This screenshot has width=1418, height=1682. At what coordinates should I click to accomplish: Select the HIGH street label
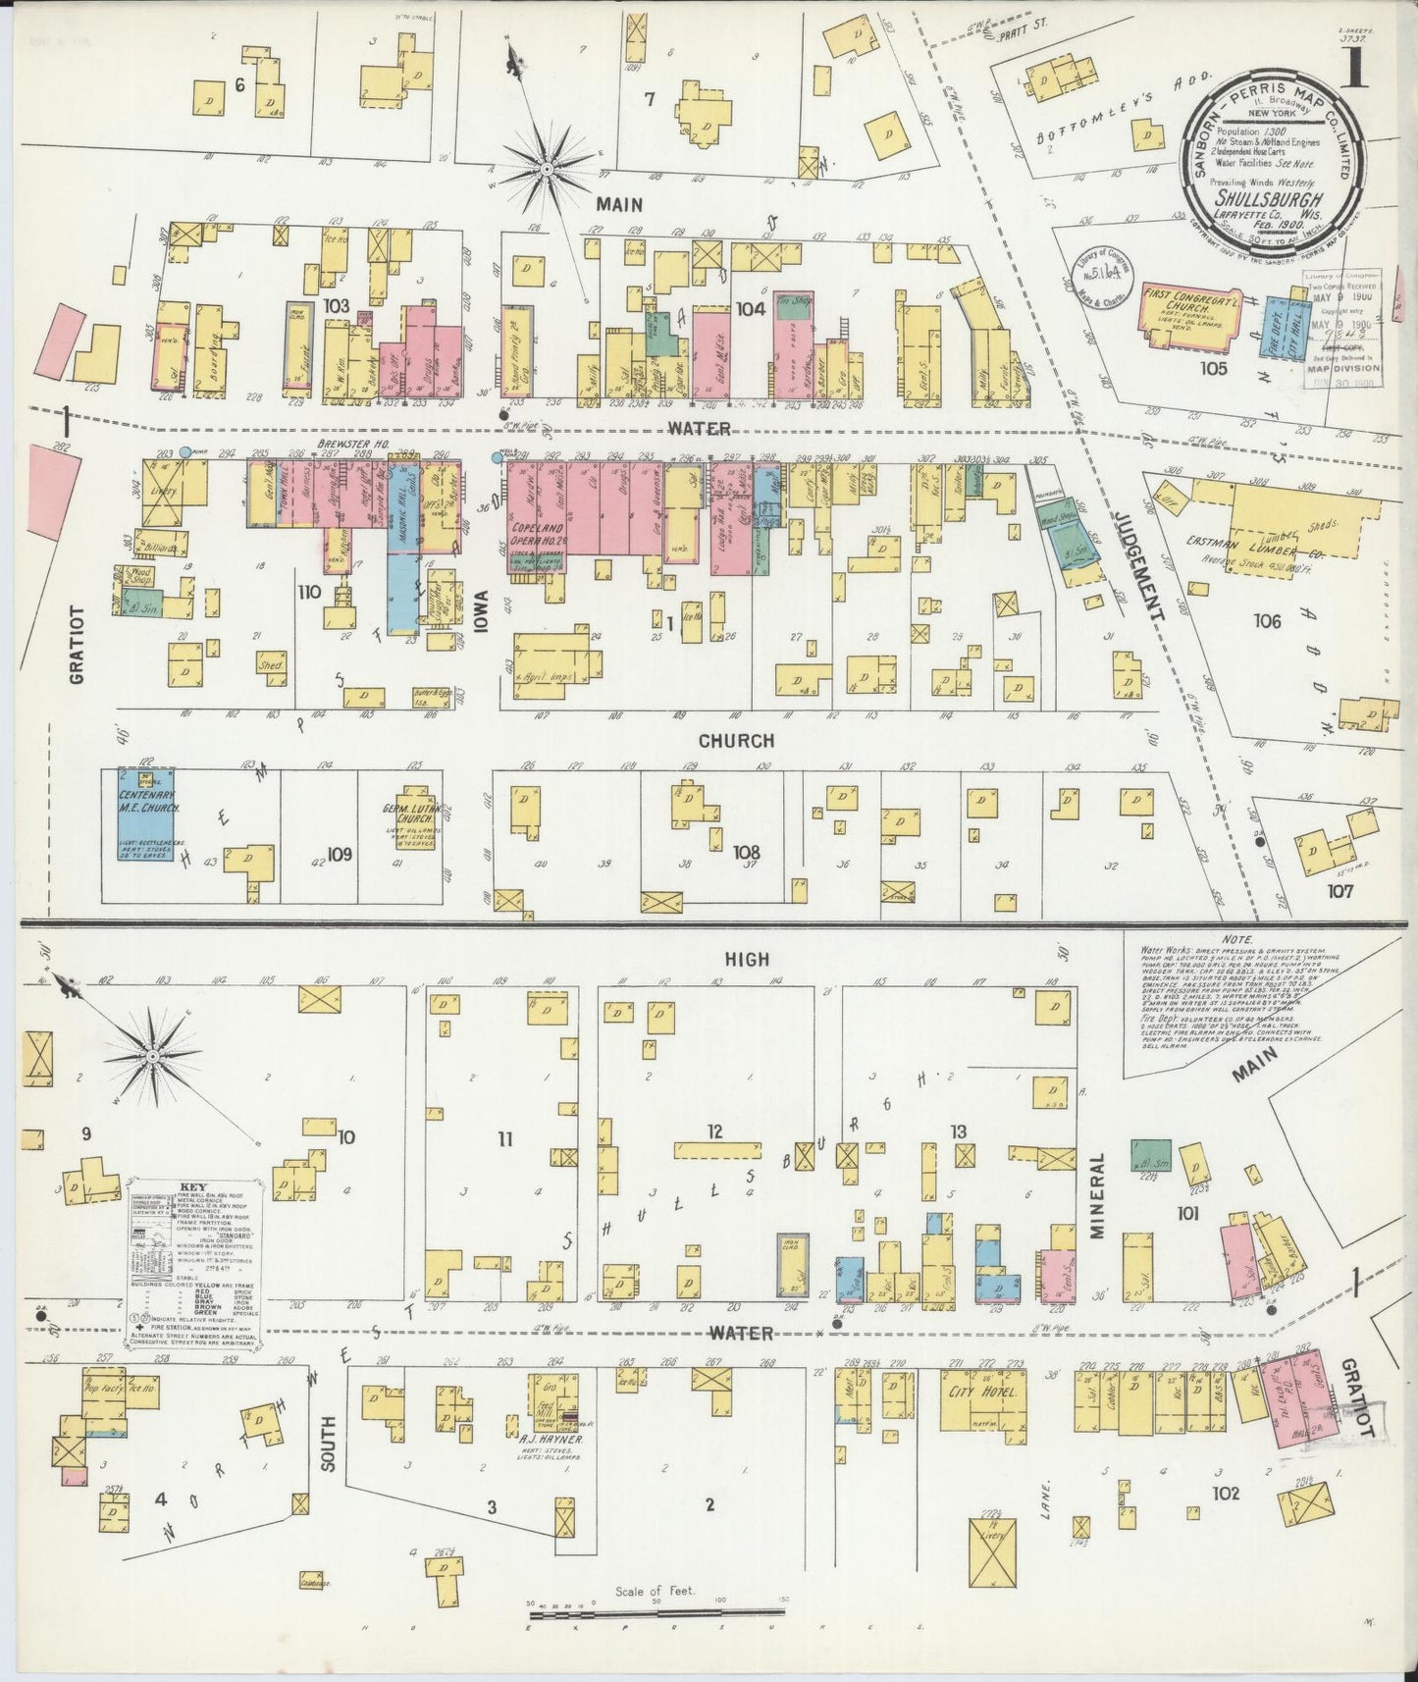click(x=748, y=960)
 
